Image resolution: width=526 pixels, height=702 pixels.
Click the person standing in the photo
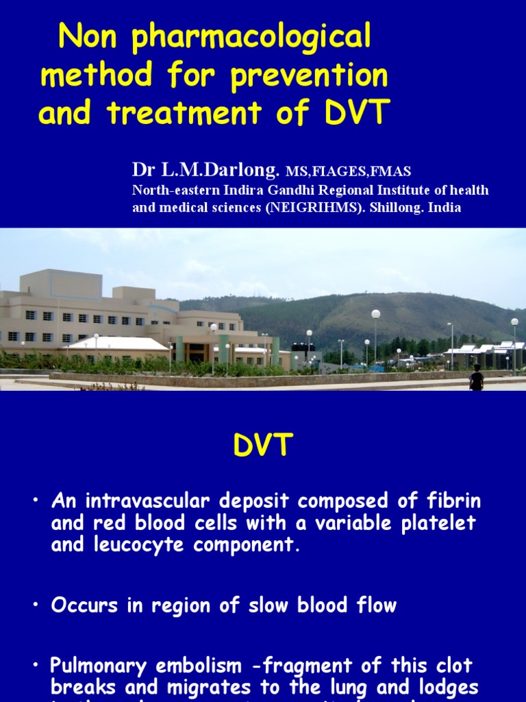point(476,378)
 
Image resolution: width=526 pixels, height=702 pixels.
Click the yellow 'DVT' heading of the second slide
point(263,447)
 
